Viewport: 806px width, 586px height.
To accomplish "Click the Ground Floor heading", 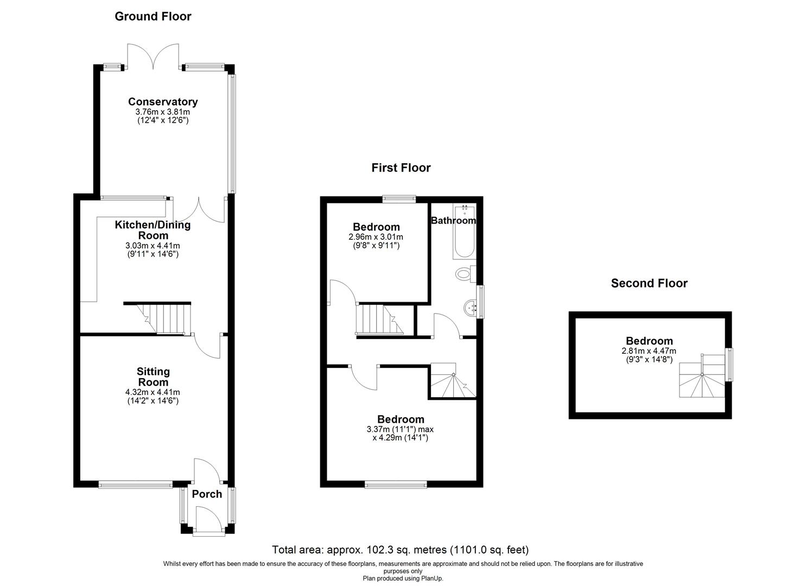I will (x=153, y=16).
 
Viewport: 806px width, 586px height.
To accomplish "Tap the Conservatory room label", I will (x=162, y=101).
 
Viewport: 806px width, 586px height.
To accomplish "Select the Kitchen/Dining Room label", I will (x=153, y=230).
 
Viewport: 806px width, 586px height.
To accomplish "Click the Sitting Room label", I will (x=153, y=377).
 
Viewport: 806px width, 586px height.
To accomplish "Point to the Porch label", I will (x=207, y=494).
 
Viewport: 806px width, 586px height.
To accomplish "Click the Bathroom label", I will (x=453, y=220).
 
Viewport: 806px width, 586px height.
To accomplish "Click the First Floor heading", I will (x=401, y=168).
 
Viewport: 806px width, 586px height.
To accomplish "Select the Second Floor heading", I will (x=649, y=283).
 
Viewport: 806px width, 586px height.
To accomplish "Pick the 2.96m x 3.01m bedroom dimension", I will (x=376, y=237).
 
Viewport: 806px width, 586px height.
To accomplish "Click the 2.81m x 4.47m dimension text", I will (x=649, y=351).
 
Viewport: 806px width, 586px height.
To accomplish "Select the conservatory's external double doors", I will (x=153, y=55).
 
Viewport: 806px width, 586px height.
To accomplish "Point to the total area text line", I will (x=400, y=550).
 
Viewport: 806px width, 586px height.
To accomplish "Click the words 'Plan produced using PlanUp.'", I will (x=403, y=578).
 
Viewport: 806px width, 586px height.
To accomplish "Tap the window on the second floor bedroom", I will (x=729, y=364).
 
